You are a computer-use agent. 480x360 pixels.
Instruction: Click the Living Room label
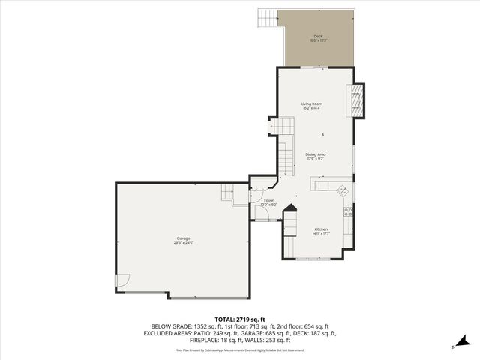click(x=311, y=103)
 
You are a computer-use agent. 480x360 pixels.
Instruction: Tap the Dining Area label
click(x=316, y=154)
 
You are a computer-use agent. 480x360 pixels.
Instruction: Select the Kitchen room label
click(x=321, y=229)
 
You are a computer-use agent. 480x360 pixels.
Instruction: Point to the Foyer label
click(x=268, y=200)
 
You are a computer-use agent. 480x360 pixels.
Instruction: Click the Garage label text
click(x=184, y=238)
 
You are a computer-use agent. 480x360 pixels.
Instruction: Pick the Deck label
click(x=319, y=36)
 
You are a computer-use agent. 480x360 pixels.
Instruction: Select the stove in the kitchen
click(x=347, y=212)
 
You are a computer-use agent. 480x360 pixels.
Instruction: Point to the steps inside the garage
click(x=228, y=193)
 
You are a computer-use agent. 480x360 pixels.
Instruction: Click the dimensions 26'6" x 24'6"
click(x=184, y=243)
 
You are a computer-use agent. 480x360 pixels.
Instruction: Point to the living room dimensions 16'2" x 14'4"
click(x=311, y=109)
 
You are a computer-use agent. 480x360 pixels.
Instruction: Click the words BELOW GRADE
click(x=166, y=327)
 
